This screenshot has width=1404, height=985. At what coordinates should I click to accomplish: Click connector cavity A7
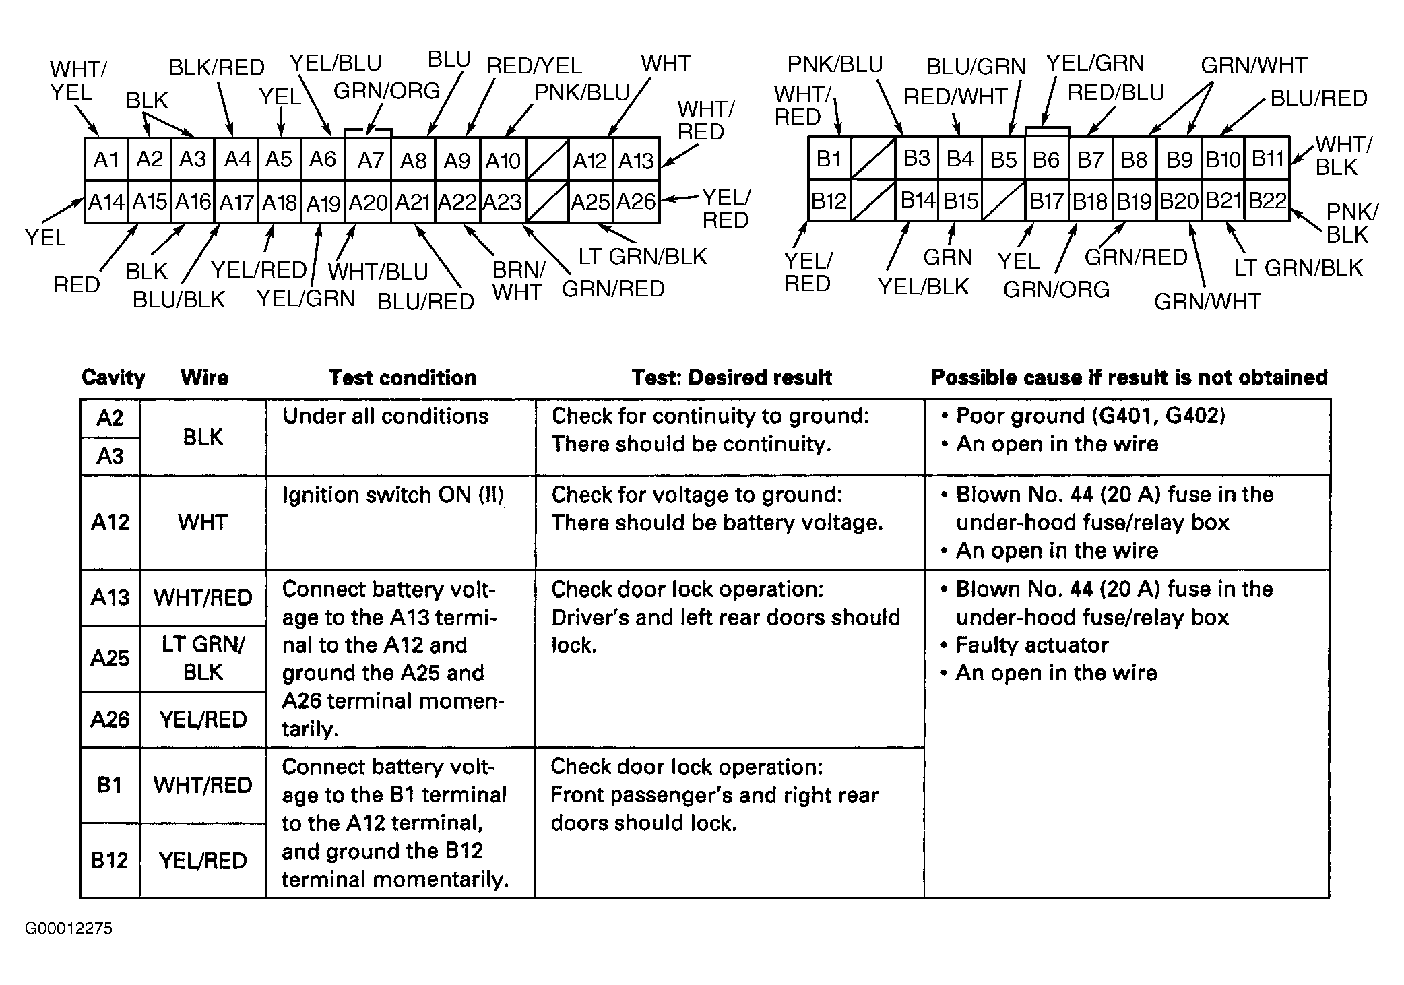[x=369, y=160]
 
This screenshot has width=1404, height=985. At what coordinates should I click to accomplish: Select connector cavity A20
[x=368, y=202]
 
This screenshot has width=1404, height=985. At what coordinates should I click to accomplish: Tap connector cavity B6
[x=1046, y=160]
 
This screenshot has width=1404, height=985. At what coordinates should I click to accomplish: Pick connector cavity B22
[x=1267, y=201]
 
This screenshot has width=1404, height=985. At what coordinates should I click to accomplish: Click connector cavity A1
[x=106, y=160]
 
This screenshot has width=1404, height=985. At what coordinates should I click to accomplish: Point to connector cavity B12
[x=828, y=201]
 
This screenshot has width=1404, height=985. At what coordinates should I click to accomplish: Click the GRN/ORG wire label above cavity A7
[x=387, y=90]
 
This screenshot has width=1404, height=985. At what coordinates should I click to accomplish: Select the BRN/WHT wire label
[x=518, y=281]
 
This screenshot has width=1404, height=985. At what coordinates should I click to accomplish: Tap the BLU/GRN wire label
[x=976, y=66]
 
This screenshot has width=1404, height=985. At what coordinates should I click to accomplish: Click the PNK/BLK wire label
[x=1351, y=223]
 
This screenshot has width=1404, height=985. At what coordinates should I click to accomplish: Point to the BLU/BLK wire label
[x=179, y=299]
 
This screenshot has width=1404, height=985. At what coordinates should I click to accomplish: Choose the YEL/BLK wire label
[x=922, y=287]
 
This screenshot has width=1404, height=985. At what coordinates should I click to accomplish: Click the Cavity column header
[x=113, y=377]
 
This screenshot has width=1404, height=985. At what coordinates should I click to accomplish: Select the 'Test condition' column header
[x=402, y=377]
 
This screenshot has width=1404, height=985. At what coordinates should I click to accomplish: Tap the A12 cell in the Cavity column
[x=110, y=522]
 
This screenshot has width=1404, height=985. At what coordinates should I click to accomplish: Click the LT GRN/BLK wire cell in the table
[x=203, y=658]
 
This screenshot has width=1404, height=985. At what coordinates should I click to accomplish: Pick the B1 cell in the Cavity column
[x=109, y=785]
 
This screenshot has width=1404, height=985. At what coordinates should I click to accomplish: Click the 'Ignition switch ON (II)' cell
[x=393, y=495]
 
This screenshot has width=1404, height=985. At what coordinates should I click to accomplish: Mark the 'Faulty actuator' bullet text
[x=1031, y=645]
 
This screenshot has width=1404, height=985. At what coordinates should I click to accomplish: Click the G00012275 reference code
[x=69, y=928]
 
